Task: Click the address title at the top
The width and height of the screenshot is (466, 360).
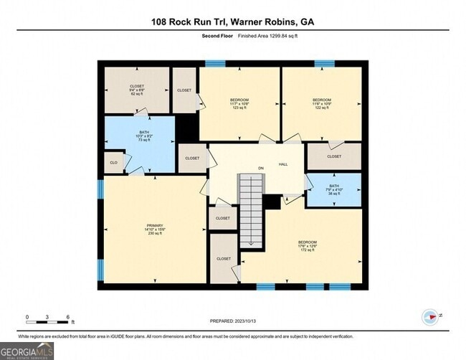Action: (x=232, y=22)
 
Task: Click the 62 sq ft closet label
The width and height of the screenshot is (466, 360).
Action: (x=136, y=90)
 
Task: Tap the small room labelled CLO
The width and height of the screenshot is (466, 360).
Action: (x=113, y=163)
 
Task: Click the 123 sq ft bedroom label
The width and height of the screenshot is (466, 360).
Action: (x=239, y=103)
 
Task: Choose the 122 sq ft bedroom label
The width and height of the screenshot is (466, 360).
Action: (x=321, y=103)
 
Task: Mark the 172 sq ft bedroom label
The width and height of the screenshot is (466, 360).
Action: (x=307, y=246)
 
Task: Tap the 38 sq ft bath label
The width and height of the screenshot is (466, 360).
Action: (x=334, y=189)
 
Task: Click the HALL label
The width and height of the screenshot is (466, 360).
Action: (x=283, y=164)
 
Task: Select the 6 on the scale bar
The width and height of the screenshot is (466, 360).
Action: (x=67, y=316)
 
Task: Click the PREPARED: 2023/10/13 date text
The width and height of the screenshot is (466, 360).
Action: (x=232, y=322)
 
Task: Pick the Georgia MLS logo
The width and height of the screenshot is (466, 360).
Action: (x=27, y=351)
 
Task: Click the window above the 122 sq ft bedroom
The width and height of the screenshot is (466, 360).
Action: (x=321, y=64)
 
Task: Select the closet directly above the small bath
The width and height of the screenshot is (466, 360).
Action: (x=334, y=156)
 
